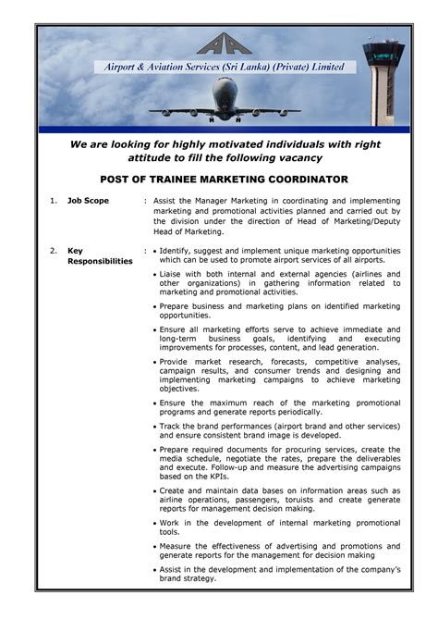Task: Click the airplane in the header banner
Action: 225,100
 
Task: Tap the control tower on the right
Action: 383,79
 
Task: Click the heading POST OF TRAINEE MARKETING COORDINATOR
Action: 224,179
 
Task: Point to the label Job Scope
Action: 88,200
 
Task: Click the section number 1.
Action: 54,200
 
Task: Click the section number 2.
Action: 54,250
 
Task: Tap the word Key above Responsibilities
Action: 76,250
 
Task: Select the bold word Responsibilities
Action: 101,261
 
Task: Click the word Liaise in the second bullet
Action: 172,274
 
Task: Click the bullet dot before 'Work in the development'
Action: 153,523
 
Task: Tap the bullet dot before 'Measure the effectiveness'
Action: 153,546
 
